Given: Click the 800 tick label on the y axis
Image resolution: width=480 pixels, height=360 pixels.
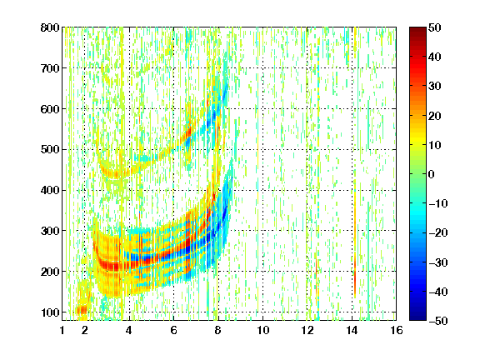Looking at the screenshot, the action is point(50,27).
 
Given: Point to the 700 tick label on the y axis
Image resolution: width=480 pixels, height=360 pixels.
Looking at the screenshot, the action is point(50,68).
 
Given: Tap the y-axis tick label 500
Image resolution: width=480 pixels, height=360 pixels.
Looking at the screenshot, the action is point(50,150).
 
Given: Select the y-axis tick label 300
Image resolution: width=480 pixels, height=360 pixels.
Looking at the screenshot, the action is point(50,231).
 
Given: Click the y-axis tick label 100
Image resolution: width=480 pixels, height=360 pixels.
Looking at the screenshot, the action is point(50,312).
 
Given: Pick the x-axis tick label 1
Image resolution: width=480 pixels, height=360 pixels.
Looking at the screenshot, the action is point(62,330).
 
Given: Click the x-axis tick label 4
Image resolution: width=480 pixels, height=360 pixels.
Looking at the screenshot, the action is point(129,330).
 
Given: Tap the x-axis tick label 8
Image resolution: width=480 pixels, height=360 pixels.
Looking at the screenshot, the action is point(217,330).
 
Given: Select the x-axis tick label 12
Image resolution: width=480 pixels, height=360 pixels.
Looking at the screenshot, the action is point(307,330).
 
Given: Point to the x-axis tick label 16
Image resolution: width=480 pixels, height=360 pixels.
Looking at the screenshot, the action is point(397,330).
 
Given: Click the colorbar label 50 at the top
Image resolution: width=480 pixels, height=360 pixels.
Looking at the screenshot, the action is point(435,27).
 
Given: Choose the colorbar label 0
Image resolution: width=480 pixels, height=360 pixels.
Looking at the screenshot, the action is point(432,174).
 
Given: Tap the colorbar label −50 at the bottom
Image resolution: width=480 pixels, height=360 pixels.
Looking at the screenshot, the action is point(438,321).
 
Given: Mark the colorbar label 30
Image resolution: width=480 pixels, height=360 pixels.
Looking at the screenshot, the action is point(435,87).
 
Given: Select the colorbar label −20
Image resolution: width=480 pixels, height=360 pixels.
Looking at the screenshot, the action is point(438,233).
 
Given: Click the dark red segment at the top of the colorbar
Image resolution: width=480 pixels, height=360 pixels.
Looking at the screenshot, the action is point(417,33).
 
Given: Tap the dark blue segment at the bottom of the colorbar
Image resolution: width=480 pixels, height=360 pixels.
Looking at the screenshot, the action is point(417,314).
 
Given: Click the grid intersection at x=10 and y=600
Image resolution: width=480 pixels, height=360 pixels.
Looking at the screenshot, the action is point(262,108).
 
